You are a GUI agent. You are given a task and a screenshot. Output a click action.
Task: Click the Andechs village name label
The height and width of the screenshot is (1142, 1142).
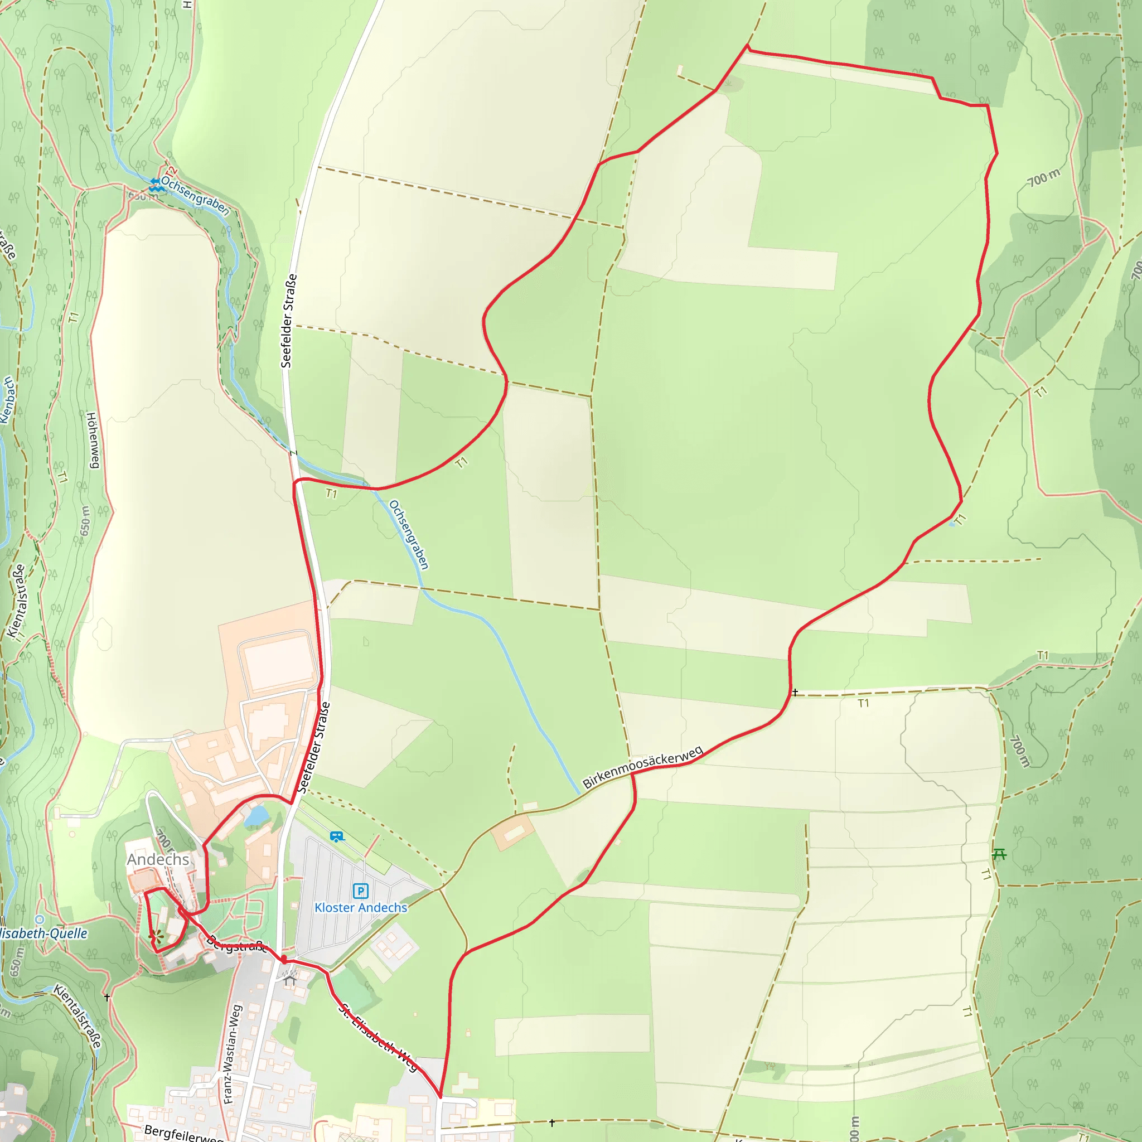158,859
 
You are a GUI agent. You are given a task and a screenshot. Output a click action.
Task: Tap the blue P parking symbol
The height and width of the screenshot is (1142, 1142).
361,891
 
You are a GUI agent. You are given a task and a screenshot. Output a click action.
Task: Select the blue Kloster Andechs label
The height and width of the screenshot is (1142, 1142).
361,907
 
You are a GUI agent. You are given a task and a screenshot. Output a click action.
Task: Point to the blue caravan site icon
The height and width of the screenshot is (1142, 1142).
336,836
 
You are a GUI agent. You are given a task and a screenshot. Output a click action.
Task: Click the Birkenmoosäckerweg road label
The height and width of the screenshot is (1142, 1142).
642,767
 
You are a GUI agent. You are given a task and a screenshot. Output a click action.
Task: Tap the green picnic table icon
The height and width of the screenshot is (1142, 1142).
999,854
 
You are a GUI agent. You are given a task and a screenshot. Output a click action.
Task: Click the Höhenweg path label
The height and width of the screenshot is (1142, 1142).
92,441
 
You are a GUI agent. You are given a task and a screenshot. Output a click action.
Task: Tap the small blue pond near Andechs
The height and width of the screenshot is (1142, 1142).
257,816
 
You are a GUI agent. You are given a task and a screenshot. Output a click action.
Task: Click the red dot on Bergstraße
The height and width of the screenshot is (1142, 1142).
284,958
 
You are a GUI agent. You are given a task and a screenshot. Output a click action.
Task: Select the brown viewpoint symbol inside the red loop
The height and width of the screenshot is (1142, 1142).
155,936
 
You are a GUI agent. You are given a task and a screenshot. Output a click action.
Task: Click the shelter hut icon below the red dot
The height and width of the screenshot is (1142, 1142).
289,979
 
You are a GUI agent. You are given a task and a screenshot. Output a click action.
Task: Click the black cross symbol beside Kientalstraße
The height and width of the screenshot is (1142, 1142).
107,997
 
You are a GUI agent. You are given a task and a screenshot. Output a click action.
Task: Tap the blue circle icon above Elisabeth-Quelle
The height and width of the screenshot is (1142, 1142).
40,920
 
